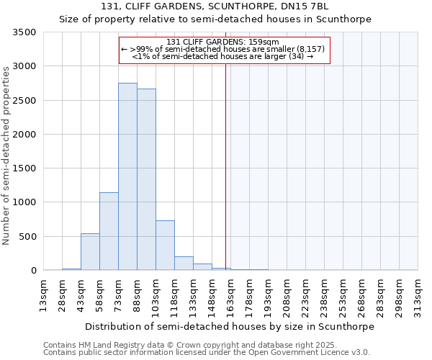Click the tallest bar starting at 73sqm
(127, 176)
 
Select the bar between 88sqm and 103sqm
(146, 179)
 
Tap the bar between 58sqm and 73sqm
(109, 231)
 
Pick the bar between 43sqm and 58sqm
(90, 252)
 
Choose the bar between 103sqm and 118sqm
(165, 246)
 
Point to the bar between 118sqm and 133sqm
(184, 264)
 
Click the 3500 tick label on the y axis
(24, 32)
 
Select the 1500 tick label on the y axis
(24, 168)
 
